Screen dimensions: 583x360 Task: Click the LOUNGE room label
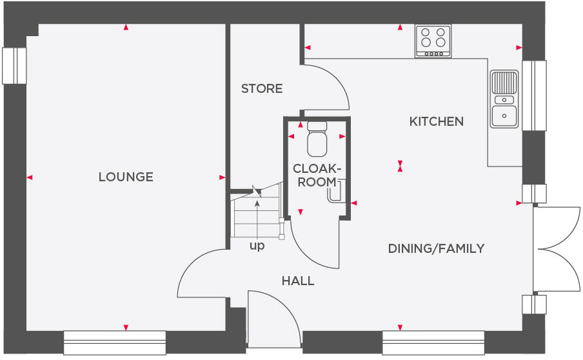(x=126, y=177)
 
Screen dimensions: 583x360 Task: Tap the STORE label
(x=262, y=88)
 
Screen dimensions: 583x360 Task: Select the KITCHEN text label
(x=437, y=121)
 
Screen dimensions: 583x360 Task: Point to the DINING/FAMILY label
(x=436, y=248)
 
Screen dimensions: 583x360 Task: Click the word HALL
(x=298, y=281)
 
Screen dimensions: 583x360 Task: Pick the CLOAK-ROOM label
(x=317, y=175)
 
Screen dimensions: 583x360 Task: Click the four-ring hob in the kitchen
(x=433, y=41)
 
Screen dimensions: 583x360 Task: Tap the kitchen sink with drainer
(x=504, y=99)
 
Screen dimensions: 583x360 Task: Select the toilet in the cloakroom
(x=317, y=139)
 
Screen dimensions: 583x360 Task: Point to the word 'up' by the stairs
(x=257, y=246)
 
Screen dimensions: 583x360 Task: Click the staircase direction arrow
(x=257, y=220)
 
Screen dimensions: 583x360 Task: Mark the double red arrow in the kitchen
(x=400, y=166)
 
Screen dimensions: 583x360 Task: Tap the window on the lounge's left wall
(x=14, y=66)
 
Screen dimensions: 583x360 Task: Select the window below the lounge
(x=115, y=343)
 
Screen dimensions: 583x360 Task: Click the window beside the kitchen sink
(x=534, y=95)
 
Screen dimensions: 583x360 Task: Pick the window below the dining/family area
(x=433, y=343)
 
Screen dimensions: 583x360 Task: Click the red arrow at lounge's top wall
(x=126, y=27)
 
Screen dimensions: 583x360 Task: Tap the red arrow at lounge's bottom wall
(x=126, y=327)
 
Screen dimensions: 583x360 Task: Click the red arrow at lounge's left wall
(x=30, y=177)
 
